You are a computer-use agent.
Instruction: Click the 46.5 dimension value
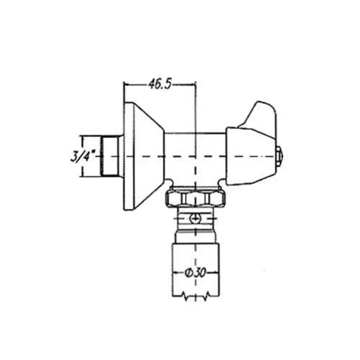[160, 84]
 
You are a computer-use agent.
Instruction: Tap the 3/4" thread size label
[83, 156]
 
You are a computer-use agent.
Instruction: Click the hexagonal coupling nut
[195, 197]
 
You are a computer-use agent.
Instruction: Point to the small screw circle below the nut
[195, 218]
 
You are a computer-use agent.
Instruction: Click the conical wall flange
[144, 156]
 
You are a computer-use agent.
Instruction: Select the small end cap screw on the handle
[279, 156]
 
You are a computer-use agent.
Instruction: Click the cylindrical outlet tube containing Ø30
[196, 270]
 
